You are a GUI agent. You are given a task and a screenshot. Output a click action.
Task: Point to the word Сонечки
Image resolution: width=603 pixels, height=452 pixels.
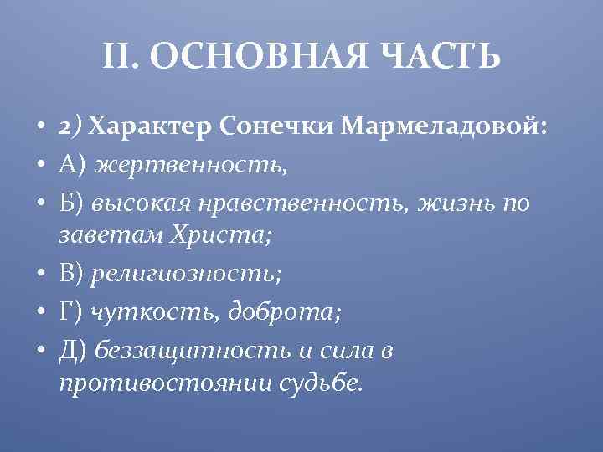(x=279, y=127)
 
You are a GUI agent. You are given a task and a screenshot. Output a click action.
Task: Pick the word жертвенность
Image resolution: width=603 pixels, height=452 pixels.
(x=191, y=165)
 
